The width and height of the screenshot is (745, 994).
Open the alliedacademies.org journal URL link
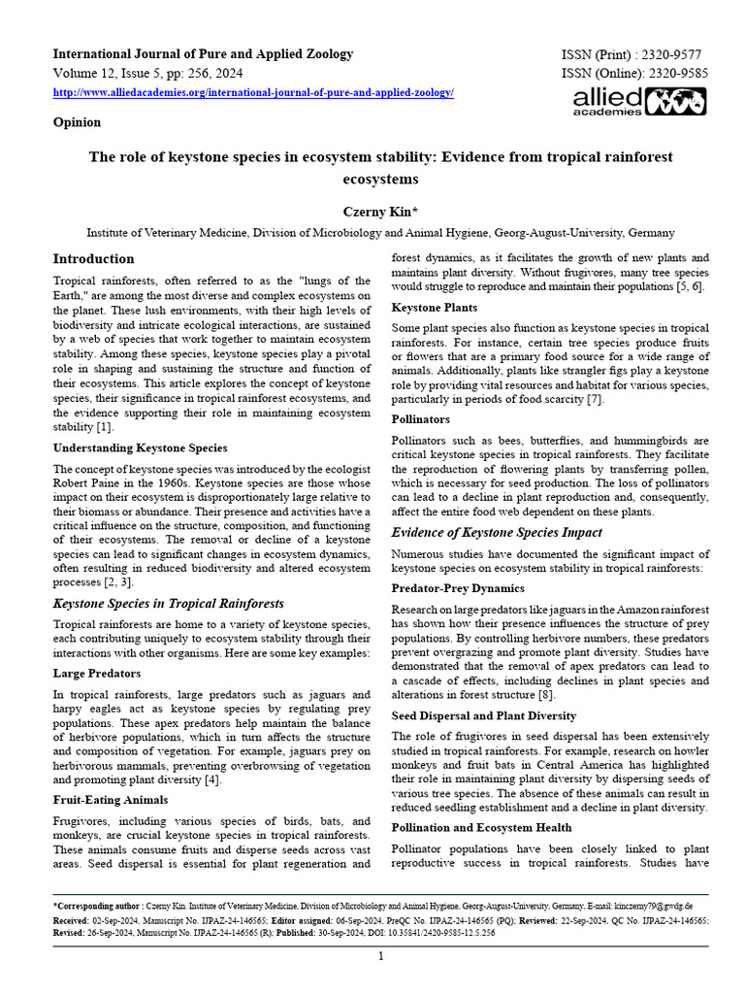click(x=253, y=92)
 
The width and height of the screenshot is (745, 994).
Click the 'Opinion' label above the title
click(x=77, y=122)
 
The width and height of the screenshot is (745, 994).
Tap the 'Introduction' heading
click(x=93, y=259)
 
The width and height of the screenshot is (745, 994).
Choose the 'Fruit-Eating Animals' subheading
click(x=111, y=799)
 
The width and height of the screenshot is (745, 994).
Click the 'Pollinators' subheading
click(x=420, y=419)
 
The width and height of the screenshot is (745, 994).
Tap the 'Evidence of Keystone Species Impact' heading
click(x=496, y=532)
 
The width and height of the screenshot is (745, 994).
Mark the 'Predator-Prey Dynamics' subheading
click(x=458, y=588)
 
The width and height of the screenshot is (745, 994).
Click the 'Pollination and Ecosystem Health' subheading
click(x=481, y=827)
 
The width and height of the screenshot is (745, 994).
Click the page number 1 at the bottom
click(x=380, y=956)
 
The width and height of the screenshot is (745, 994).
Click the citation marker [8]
click(x=546, y=695)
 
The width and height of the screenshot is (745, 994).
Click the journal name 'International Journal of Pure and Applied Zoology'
click(x=202, y=54)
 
